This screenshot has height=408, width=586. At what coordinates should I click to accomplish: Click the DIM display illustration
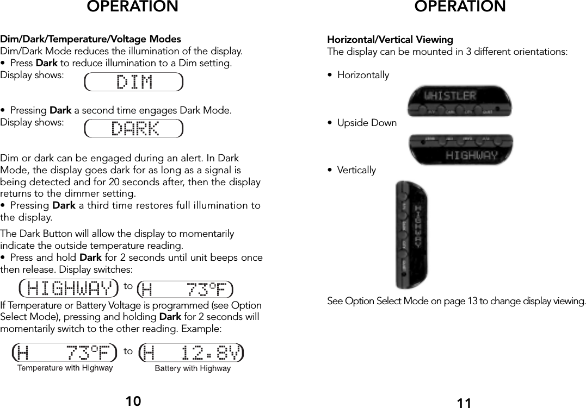click(134, 82)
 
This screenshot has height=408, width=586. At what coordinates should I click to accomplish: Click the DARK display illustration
click(134, 129)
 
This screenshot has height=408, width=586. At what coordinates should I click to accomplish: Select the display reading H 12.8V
click(192, 353)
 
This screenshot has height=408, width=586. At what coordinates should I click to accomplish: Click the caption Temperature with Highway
click(65, 368)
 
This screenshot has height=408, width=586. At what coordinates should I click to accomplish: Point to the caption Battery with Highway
click(193, 369)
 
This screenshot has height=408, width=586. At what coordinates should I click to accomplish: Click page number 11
click(464, 403)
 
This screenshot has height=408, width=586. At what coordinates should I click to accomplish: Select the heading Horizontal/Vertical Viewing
click(390, 40)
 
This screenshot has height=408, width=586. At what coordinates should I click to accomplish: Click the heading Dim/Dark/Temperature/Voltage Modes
click(91, 40)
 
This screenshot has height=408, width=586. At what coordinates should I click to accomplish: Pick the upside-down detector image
click(460, 149)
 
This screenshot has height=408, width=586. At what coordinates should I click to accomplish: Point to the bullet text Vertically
click(356, 170)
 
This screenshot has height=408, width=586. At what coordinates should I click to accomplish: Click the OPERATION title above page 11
click(460, 7)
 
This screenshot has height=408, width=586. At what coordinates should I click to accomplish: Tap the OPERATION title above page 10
click(132, 7)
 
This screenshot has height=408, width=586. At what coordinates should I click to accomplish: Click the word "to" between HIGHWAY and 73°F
click(128, 285)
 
